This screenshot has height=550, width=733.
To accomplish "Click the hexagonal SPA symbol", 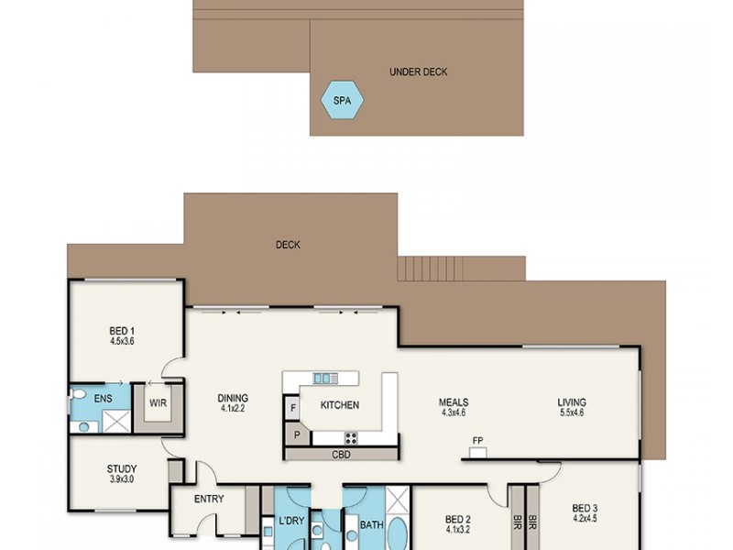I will click(x=342, y=99).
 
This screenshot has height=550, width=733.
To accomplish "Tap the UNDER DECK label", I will click(x=418, y=72).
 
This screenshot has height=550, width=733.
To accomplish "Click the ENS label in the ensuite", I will click(x=103, y=400).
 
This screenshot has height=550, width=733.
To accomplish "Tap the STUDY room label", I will click(x=121, y=468).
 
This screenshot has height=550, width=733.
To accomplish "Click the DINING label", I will click(x=233, y=399).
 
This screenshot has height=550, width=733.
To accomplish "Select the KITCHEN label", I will click(x=339, y=405).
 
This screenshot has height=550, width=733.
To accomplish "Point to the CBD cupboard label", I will click(x=340, y=454).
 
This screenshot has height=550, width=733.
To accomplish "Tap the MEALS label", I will click(x=454, y=402).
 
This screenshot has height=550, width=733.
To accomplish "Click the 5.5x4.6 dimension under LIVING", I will click(x=572, y=413).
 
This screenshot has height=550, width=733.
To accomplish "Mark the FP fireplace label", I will click(x=477, y=441).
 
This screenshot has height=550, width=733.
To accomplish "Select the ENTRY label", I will click(x=210, y=500).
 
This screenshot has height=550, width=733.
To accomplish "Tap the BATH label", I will click(x=371, y=525).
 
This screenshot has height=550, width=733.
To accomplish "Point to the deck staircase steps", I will click(x=431, y=269).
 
